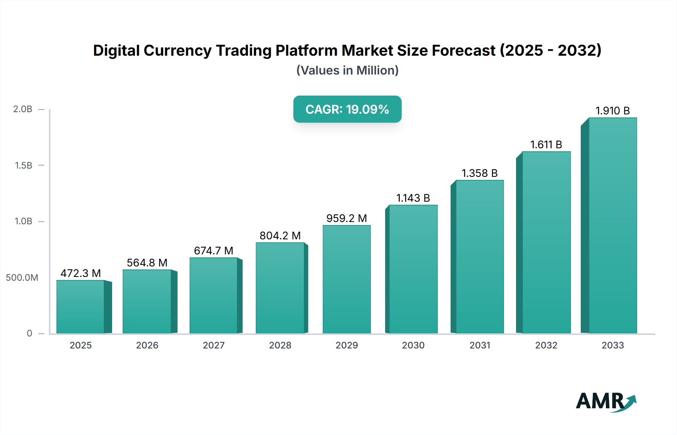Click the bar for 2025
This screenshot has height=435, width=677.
tap(80, 307)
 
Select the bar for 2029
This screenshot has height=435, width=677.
tap(346, 279)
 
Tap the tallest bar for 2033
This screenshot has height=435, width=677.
tap(612, 226)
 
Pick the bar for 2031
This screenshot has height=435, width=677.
tap(480, 257)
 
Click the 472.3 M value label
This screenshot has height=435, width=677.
tap(80, 273)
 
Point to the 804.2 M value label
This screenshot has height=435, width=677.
tap(280, 236)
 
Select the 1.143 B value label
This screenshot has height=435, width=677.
tap(413, 198)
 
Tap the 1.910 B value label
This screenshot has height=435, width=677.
tap(612, 111)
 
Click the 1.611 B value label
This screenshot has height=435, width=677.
tap(546, 144)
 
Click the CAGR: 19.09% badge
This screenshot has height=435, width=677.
tap(347, 109)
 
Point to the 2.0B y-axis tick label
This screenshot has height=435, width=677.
tap(23, 109)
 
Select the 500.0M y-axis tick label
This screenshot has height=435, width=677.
tap(22, 278)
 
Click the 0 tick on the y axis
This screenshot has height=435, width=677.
tap(29, 333)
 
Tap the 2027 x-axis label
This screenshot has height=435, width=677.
tap(214, 345)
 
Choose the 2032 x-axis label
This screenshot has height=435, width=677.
tap(546, 345)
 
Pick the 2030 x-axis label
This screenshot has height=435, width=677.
tap(413, 345)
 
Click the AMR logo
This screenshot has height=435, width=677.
tap(606, 402)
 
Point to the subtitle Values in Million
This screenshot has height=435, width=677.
tap(347, 70)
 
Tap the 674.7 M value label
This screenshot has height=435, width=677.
tap(214, 251)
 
